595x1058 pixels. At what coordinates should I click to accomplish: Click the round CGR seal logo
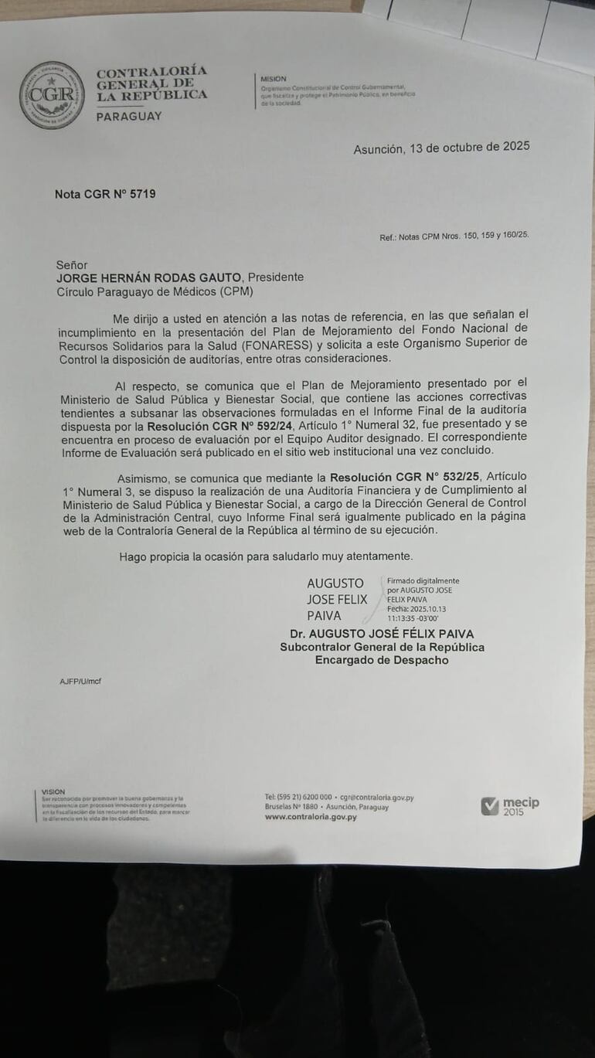pyautogui.click(x=52, y=95)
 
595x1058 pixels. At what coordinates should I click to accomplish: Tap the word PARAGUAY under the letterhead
pyautogui.click(x=129, y=116)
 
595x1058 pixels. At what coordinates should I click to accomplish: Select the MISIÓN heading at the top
pyautogui.click(x=273, y=79)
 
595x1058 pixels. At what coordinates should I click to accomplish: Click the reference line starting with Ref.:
pyautogui.click(x=454, y=236)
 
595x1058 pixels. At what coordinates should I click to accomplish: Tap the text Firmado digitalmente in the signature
pyautogui.click(x=423, y=580)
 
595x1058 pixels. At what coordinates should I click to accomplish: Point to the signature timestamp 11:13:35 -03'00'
pyautogui.click(x=413, y=618)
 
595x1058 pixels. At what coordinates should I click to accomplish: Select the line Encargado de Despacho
pyautogui.click(x=382, y=660)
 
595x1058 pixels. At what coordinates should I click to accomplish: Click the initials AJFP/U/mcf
pyautogui.click(x=80, y=681)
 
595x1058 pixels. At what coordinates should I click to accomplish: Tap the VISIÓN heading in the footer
pyautogui.click(x=53, y=791)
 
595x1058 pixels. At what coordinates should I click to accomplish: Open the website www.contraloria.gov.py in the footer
pyautogui.click(x=311, y=816)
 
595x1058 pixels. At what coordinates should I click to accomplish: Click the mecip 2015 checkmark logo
pyautogui.click(x=510, y=806)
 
